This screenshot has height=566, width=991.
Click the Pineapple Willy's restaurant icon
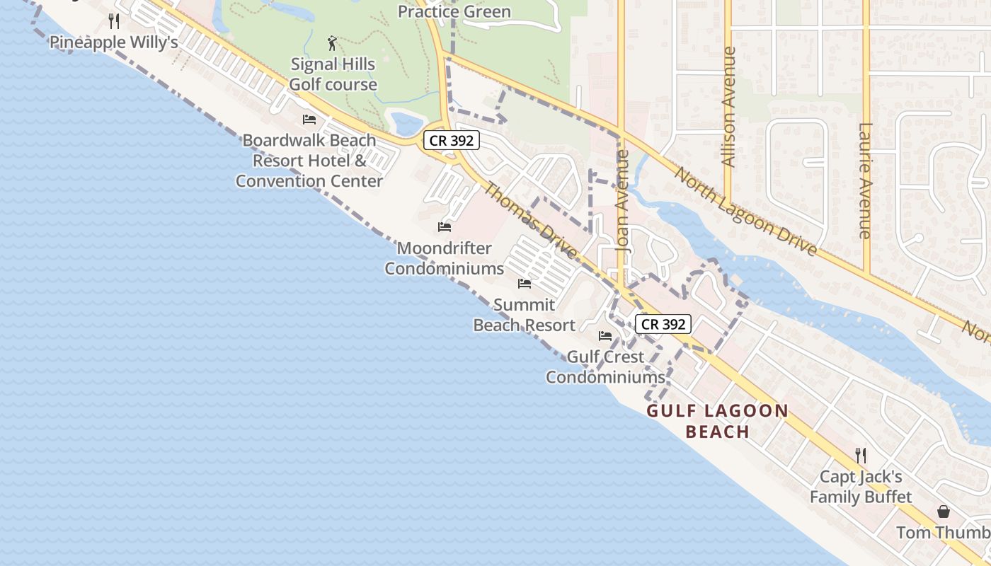114,21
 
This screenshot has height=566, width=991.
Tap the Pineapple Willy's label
113,42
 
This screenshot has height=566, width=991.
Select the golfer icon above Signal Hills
333,44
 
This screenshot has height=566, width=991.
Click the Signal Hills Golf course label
333,74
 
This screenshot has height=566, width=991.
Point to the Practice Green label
454,11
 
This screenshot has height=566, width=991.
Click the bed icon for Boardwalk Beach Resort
309,119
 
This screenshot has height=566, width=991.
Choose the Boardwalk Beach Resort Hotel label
309,161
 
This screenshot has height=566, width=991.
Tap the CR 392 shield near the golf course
451,140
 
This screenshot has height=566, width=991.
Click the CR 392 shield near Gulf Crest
663,324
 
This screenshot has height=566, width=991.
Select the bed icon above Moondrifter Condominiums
445,227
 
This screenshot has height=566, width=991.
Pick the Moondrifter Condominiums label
445,258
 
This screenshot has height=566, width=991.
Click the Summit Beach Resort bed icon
525,284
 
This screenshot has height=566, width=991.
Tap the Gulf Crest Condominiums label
605,367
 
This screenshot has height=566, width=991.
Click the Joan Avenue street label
623,202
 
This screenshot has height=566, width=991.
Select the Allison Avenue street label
728,107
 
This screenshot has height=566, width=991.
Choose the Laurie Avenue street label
864,180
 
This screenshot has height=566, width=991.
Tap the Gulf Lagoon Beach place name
718,421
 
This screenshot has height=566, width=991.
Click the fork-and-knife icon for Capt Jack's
861,455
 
